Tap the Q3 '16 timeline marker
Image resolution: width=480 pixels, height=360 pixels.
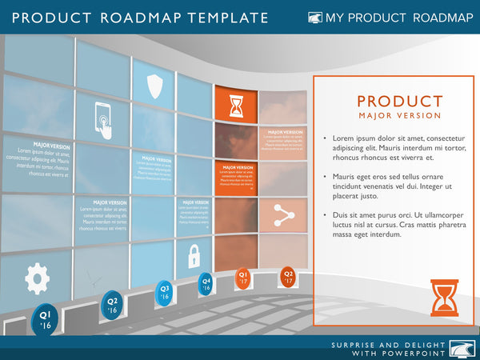pyautogui.click(x=165, y=292)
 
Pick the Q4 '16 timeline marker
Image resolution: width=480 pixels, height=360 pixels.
pyautogui.click(x=206, y=283)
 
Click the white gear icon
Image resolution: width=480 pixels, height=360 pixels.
pyautogui.click(x=37, y=278)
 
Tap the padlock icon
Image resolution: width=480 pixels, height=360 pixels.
pyautogui.click(x=194, y=256)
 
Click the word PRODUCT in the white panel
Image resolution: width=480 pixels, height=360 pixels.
pyautogui.click(x=399, y=102)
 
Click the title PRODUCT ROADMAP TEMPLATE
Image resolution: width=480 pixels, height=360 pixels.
pyautogui.click(x=141, y=18)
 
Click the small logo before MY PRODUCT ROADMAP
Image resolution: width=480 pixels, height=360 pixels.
pyautogui.click(x=315, y=18)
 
